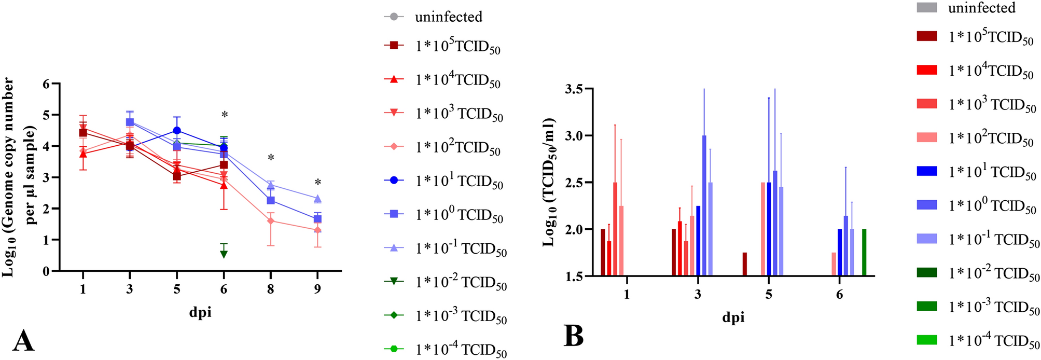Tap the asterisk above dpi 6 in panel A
click(x=224, y=115)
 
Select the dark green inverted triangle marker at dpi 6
click(x=224, y=254)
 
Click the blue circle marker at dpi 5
click(x=177, y=131)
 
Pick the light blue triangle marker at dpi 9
click(x=317, y=199)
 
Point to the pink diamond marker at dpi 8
click(x=270, y=221)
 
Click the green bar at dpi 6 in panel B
click(x=864, y=253)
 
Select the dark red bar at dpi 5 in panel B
click(x=744, y=264)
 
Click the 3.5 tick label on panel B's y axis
click(x=576, y=89)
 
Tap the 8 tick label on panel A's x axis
click(x=270, y=289)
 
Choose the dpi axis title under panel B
click(x=733, y=317)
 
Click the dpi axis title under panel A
click(x=200, y=312)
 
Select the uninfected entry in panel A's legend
click(x=448, y=17)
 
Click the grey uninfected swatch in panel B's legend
click(x=927, y=7)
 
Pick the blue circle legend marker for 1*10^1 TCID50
click(x=394, y=181)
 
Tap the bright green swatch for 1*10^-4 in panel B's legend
click(x=927, y=340)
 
